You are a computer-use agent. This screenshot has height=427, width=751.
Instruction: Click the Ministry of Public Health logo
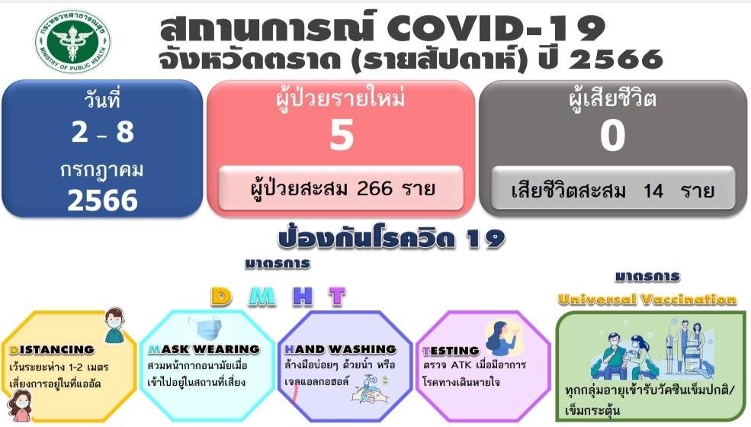pyautogui.click(x=72, y=41)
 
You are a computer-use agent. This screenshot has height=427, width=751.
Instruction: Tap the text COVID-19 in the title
pyautogui.click(x=496, y=27)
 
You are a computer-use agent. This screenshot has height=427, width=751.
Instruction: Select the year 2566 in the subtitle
pyautogui.click(x=616, y=59)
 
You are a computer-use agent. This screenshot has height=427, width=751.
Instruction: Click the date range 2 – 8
pyautogui.click(x=102, y=132)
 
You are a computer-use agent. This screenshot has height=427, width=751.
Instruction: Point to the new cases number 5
pyautogui.click(x=342, y=135)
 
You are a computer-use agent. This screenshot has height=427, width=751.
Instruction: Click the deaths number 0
pyautogui.click(x=612, y=135)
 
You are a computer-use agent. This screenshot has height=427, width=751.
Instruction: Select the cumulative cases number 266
pyautogui.click(x=374, y=188)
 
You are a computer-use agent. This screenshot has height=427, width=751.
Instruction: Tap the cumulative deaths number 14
pyautogui.click(x=653, y=191)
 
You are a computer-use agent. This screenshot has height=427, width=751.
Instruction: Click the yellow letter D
pyautogui.click(x=221, y=297)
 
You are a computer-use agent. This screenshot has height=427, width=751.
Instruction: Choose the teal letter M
pyautogui.click(x=262, y=297)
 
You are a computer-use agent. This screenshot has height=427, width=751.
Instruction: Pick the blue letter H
pyautogui.click(x=303, y=297)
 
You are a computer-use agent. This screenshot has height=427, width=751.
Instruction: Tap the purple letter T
pyautogui.click(x=337, y=297)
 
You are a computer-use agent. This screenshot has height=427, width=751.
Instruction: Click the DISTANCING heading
pyautogui.click(x=52, y=350)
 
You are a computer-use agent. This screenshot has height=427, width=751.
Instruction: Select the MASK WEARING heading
pyautogui.click(x=204, y=349)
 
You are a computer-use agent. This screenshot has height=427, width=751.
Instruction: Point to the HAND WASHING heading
pyautogui.click(x=341, y=349)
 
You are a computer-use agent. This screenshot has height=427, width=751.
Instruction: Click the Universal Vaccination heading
pyautogui.click(x=647, y=300)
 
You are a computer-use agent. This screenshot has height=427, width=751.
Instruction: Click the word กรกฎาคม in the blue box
pyautogui.click(x=101, y=170)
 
